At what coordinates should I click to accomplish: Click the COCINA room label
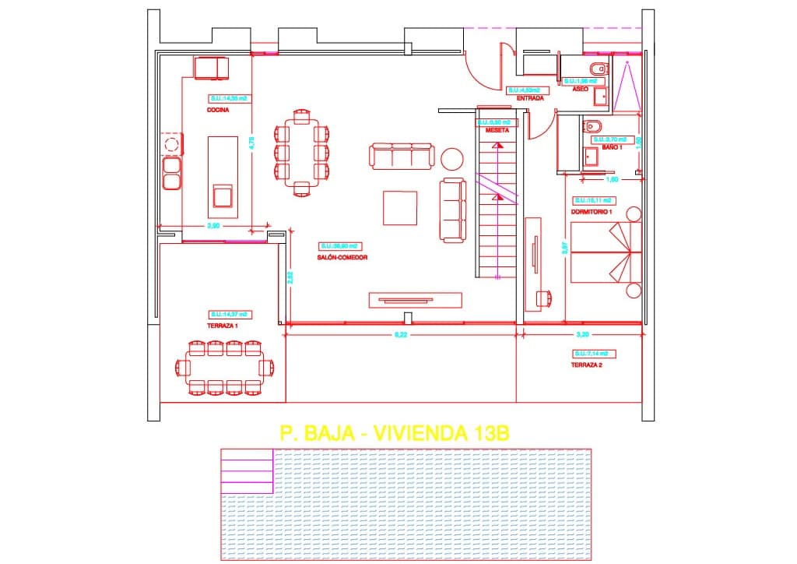tap(218, 111)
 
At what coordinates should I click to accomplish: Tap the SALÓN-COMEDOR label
tap(342, 257)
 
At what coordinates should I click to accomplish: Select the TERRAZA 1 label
tap(223, 326)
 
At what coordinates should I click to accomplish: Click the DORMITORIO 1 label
tap(592, 212)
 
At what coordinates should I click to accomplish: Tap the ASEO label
tap(581, 90)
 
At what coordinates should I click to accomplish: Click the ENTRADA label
tap(529, 99)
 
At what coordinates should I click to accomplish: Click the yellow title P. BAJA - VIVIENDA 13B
tap(394, 434)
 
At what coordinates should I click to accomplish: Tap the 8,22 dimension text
tap(401, 335)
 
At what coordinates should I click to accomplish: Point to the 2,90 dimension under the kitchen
tap(213, 226)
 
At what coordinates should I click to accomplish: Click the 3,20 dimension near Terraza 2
tap(581, 335)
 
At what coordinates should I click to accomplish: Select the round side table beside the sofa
tap(452, 158)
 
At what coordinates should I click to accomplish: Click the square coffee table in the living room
tap(401, 208)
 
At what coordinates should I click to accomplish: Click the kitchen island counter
tap(223, 177)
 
